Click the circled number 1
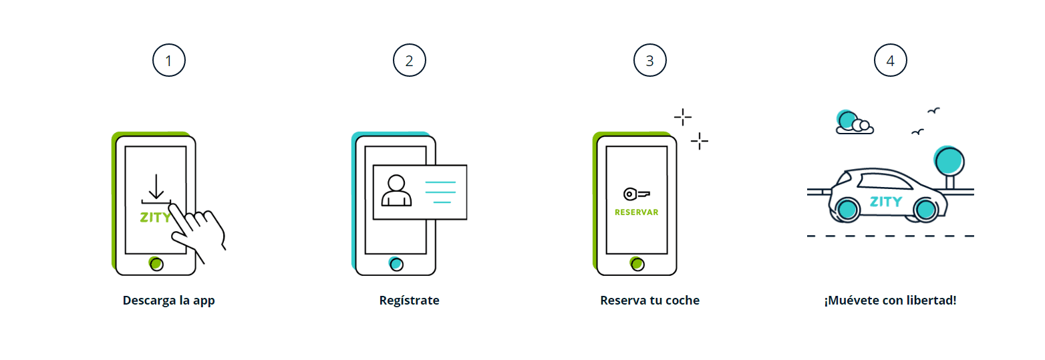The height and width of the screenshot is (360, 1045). [168, 61]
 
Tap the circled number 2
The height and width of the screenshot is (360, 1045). [409, 61]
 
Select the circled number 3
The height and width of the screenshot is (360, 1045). [649, 61]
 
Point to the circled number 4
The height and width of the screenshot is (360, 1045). [890, 61]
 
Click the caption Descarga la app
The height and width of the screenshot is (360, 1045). [168, 301]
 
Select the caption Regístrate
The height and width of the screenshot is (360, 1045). [409, 301]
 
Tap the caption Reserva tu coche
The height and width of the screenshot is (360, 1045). [649, 301]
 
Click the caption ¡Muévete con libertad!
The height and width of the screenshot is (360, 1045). [890, 301]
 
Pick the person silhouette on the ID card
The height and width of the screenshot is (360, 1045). [396, 191]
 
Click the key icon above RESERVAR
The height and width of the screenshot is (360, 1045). [636, 194]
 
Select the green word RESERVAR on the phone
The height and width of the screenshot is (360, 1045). [636, 212]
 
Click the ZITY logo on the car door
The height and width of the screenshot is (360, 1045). [885, 201]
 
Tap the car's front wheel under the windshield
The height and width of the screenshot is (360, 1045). [847, 209]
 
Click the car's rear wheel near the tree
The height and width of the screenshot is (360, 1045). [925, 210]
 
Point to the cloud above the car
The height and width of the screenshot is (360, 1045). [855, 125]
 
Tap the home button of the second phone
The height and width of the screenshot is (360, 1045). [396, 264]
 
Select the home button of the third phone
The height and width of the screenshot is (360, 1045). [637, 264]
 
